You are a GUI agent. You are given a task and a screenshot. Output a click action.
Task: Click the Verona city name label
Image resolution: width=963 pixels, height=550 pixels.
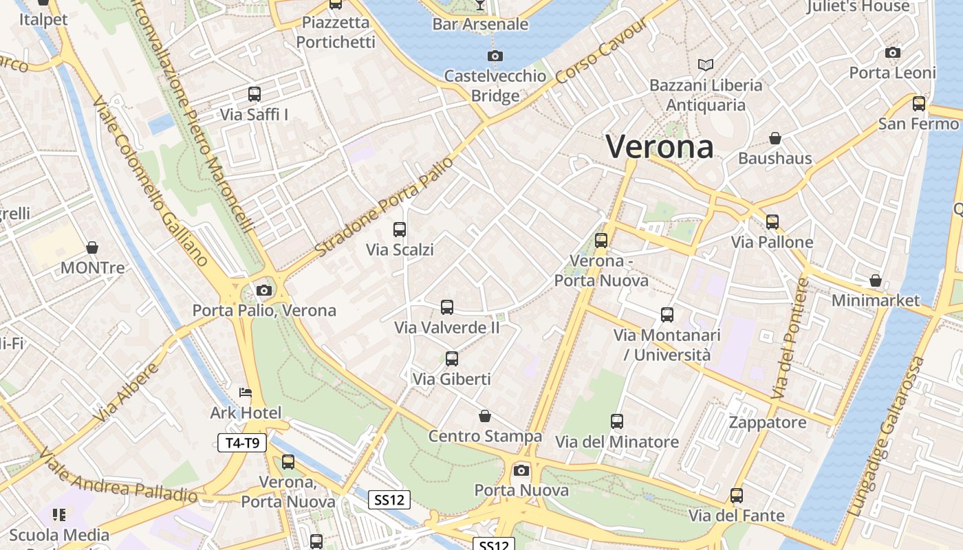click(660, 146)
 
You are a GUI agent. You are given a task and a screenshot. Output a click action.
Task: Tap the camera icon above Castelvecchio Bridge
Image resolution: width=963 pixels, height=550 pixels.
click(495, 56)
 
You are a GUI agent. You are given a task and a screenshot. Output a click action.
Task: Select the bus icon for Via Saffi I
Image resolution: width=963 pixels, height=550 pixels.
click(254, 94)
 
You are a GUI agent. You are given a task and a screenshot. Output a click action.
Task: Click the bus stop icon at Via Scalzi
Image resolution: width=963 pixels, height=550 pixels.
click(400, 230)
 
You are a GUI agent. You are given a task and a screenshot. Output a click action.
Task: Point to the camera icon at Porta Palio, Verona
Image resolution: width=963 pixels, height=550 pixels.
click(264, 290)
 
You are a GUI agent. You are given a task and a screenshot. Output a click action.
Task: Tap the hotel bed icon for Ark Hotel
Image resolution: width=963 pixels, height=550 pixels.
click(246, 393)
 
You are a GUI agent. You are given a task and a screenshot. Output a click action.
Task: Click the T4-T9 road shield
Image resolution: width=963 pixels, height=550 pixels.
click(242, 443)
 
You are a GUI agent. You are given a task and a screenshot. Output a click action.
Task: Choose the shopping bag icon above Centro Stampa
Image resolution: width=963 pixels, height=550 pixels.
click(485, 416)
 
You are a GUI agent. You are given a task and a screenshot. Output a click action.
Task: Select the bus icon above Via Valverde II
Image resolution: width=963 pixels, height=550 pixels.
click(447, 307)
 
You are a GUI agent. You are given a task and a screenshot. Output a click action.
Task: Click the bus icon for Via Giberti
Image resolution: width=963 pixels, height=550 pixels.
click(452, 359)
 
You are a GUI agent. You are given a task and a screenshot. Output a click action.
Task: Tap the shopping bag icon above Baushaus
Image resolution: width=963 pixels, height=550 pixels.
click(775, 138)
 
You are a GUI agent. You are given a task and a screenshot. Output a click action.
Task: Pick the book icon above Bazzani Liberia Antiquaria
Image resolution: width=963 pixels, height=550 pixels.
click(706, 65)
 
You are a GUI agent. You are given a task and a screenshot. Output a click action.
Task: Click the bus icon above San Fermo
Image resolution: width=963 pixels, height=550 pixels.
click(919, 104)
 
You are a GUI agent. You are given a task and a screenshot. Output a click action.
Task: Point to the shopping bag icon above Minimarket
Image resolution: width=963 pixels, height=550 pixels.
click(876, 280)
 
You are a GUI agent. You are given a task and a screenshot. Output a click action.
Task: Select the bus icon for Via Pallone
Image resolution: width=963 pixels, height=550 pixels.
click(772, 222)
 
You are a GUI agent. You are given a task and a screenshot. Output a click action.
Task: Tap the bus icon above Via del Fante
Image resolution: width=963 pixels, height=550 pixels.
click(737, 496)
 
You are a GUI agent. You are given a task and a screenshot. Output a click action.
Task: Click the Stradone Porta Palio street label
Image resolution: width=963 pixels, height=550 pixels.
click(385, 206)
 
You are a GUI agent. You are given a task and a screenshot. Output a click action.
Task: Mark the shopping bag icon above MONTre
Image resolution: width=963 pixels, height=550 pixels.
click(92, 247)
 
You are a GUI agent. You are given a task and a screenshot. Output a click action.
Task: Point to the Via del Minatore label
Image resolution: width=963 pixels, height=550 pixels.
click(617, 442)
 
